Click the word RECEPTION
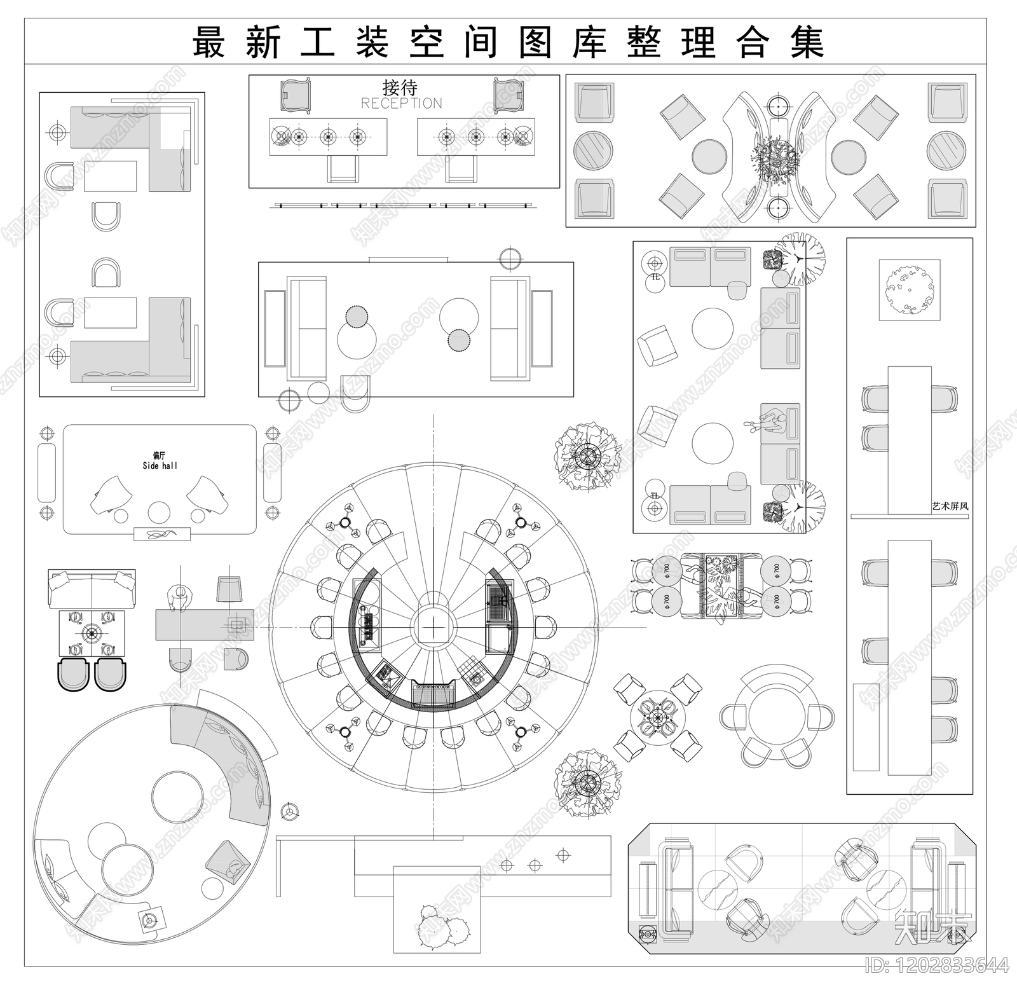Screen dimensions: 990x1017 (x=401, y=104)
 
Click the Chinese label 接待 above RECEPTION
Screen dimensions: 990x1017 (x=400, y=87)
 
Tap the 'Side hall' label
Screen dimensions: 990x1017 (x=160, y=466)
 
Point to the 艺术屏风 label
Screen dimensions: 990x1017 (x=950, y=507)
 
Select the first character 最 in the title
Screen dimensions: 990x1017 (x=209, y=43)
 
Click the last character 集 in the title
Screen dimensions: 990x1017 (x=807, y=43)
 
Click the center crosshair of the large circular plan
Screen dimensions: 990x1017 (x=433, y=628)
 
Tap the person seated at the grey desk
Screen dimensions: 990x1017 (x=180, y=599)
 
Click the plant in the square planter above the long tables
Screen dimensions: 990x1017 (x=909, y=290)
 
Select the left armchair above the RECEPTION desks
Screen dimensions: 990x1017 (x=296, y=95)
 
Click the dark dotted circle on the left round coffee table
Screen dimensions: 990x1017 (x=357, y=316)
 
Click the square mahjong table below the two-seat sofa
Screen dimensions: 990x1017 (x=92, y=633)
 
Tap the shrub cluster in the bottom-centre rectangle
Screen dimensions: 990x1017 (x=443, y=929)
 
